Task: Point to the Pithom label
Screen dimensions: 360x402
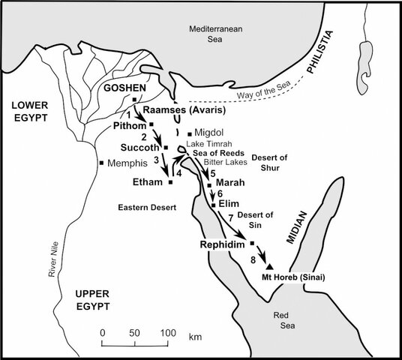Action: pos(128,125)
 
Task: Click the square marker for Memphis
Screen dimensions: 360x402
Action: pos(101,163)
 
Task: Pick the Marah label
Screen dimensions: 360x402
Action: pos(230,182)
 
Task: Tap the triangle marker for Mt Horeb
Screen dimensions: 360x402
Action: pos(269,266)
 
